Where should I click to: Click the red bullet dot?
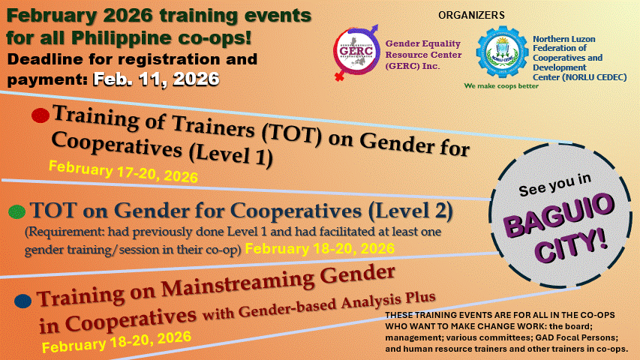[41, 115]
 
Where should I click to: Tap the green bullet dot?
[17, 211]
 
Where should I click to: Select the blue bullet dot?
[23, 301]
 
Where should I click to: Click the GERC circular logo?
[356, 52]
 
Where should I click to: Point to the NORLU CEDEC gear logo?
[502, 52]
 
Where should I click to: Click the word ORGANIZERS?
[471, 15]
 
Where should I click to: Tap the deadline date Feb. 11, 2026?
[156, 79]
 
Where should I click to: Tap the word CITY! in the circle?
[572, 245]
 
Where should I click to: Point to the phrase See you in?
[555, 185]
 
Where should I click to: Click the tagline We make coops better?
[501, 86]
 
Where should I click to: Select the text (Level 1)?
[231, 155]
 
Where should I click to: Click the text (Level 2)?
[410, 211]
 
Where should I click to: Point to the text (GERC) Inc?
[413, 66]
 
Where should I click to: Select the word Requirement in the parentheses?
[64, 232]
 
